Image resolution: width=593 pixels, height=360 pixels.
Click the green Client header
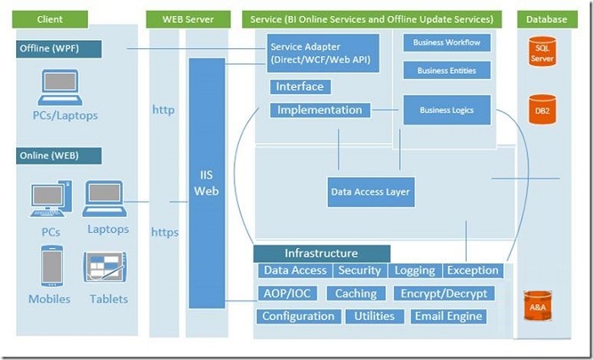pos(50,19)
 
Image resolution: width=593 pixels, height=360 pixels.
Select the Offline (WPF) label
pos(59,49)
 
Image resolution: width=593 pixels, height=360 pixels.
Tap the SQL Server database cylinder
pos(542,52)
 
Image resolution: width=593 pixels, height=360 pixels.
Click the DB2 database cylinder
pos(542,109)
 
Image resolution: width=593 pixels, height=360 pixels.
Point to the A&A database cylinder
pos(537,306)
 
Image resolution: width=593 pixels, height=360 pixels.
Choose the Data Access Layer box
pos(371,192)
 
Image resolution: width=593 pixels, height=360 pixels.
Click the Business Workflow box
pos(446,42)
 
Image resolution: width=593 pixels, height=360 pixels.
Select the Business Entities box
pos(446,70)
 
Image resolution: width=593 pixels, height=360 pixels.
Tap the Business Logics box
pos(446,110)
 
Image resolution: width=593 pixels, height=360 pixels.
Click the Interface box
pos(300,86)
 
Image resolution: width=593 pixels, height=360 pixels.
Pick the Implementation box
pos(320,110)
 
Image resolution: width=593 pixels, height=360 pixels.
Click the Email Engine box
pos(448,317)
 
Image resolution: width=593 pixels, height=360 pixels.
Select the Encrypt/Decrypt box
pos(444,293)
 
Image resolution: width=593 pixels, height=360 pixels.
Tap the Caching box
pos(356,293)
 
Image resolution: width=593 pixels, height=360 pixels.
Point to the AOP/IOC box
pos(287,293)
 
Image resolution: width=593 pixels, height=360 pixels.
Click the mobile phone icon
pos(52,266)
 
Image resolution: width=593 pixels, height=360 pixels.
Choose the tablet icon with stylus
pos(105,267)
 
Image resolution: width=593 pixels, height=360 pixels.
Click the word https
pos(165,232)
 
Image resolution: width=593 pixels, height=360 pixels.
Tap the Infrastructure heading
pos(321,253)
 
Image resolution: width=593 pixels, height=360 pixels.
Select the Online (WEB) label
pos(59,156)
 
